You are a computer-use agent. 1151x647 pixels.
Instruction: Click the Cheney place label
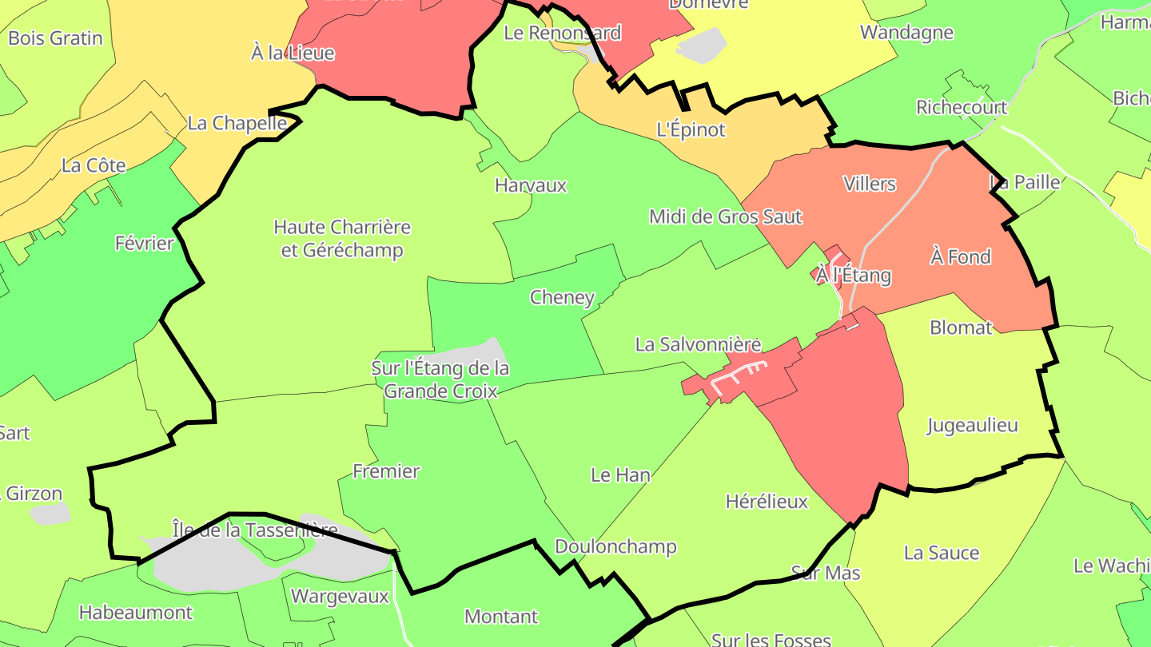562,298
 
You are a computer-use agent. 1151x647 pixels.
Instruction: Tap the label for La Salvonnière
698,344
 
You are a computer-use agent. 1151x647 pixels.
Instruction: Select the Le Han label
620,475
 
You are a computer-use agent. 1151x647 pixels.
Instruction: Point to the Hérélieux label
767,502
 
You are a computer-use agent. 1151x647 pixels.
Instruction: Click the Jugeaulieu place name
972,425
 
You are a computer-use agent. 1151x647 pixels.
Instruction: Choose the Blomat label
961,327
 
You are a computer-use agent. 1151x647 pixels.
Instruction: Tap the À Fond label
960,257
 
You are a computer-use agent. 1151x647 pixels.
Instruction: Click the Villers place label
870,184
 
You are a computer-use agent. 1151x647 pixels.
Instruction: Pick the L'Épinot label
691,129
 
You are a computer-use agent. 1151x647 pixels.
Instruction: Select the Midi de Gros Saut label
725,216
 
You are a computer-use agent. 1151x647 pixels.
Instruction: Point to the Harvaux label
531,185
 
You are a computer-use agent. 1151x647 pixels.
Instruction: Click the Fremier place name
386,471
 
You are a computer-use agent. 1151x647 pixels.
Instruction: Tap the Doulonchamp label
615,546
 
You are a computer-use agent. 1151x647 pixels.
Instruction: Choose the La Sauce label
941,553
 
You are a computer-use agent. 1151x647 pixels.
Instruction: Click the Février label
144,243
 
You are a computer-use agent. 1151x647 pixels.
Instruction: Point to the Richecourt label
962,107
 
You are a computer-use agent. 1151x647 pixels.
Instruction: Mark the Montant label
501,617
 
